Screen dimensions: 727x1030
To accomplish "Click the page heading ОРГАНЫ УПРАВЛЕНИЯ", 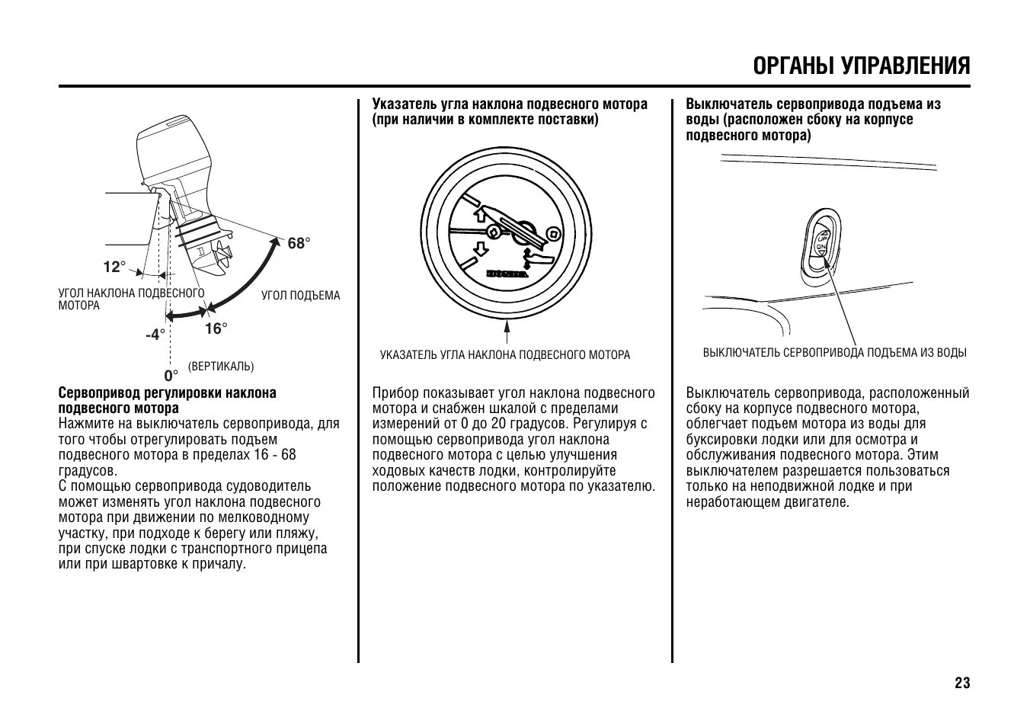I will [x=862, y=66].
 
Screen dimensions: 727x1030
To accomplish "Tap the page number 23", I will [x=962, y=683].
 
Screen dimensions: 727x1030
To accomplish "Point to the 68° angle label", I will [x=299, y=243].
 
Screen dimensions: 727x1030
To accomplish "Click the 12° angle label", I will [x=114, y=267].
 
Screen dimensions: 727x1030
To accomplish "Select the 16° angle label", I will [x=216, y=328].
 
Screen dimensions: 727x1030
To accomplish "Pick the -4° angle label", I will [x=155, y=334].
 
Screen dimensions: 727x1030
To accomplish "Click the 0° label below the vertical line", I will [x=171, y=375].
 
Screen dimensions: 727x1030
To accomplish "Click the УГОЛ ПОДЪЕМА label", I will [x=301, y=296].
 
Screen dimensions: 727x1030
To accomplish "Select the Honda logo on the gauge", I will [x=507, y=273].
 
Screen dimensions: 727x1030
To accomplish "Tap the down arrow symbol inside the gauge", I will [x=480, y=248].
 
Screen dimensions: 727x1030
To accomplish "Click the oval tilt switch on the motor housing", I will [x=822, y=244].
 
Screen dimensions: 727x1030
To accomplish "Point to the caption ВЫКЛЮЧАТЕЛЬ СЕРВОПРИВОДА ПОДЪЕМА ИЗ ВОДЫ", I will [x=834, y=353].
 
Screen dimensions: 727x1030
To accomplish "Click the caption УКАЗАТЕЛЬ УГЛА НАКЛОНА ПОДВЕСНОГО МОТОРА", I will [x=505, y=355].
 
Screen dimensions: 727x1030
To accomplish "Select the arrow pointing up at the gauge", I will [x=506, y=333].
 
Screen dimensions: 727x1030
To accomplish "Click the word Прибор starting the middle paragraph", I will [x=395, y=393].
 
